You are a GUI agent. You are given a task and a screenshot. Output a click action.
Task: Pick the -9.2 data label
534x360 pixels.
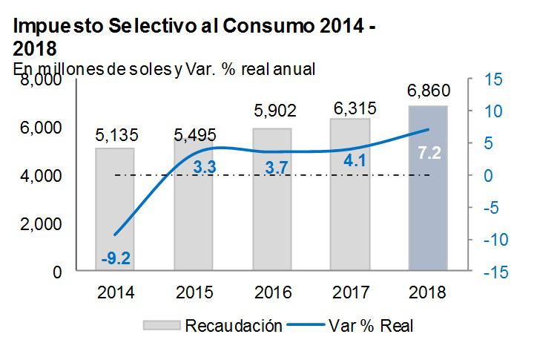115,258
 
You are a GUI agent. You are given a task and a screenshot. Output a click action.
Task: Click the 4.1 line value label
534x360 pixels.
350,160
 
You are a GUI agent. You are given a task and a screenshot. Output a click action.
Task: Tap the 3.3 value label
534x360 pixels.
204,168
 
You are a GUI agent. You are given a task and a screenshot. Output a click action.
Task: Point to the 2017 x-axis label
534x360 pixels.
350,292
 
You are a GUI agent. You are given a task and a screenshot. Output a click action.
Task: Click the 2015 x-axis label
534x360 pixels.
194,292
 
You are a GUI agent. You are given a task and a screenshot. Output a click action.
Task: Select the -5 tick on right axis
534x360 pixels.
493,208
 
